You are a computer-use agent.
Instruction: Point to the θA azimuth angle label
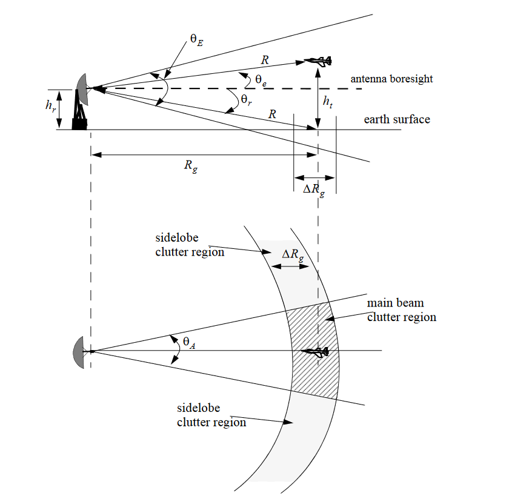click(x=189, y=343)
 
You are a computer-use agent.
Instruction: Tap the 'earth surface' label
click(x=397, y=119)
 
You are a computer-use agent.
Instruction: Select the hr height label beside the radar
click(x=50, y=105)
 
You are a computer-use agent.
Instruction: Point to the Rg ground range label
click(x=191, y=168)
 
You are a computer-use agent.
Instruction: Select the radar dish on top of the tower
click(x=82, y=88)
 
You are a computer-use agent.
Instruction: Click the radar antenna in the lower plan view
click(x=81, y=351)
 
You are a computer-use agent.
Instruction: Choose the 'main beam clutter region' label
click(x=402, y=309)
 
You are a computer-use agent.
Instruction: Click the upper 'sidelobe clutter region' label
click(x=190, y=246)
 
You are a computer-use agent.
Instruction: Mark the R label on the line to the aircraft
click(x=265, y=61)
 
